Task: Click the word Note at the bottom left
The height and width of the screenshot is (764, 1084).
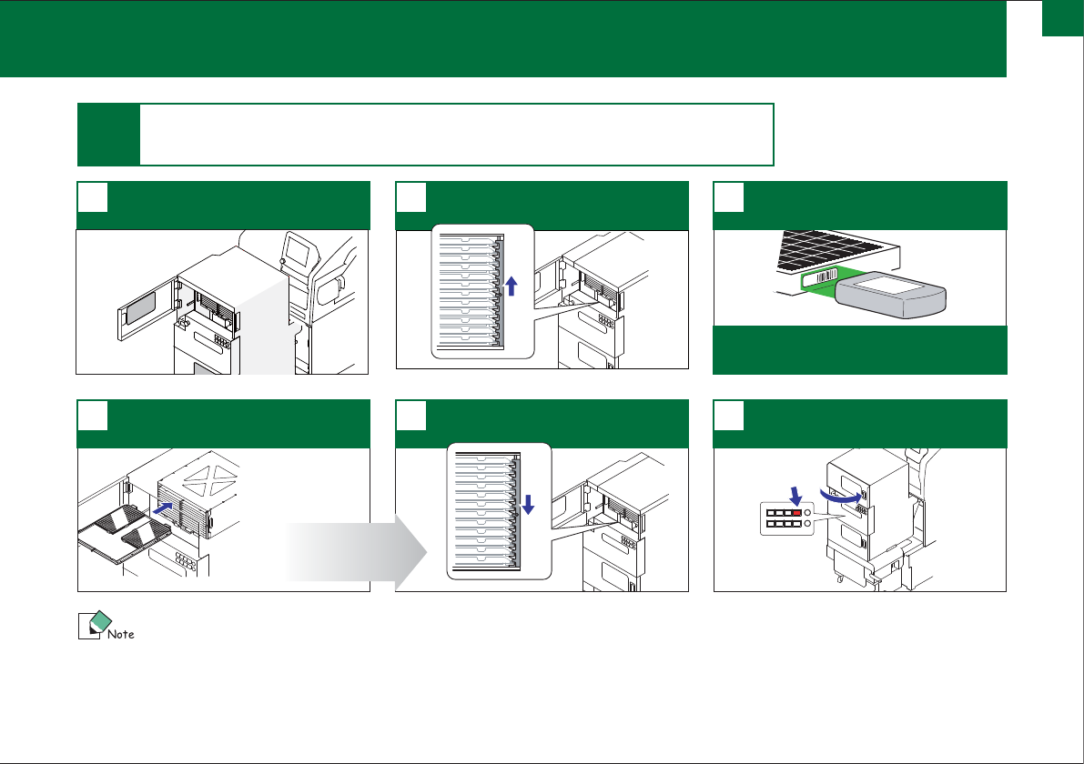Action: pos(121,634)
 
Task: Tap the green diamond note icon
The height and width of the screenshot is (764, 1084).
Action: pos(101,620)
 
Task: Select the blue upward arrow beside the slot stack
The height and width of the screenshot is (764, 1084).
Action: pos(512,286)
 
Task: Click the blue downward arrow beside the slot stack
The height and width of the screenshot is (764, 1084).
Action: pos(528,504)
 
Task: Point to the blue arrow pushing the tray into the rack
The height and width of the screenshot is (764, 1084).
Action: pos(162,508)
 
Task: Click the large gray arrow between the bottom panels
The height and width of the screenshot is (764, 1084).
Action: pos(357,552)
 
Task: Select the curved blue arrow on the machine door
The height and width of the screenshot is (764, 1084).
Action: pos(841,496)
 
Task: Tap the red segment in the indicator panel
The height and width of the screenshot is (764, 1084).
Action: pos(797,513)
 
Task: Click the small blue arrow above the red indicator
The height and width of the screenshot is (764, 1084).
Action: pos(795,496)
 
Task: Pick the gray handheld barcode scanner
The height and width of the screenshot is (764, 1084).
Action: pos(890,295)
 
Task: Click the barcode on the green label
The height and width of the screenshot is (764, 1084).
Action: pos(826,276)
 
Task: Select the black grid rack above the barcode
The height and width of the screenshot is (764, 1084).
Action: pos(829,250)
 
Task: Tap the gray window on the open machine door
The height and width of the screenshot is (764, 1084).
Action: pos(141,308)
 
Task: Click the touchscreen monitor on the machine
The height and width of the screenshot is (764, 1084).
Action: pos(299,250)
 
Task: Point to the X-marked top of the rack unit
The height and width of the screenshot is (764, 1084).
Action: pos(214,478)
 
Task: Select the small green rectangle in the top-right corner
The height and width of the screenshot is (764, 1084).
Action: pos(1062,18)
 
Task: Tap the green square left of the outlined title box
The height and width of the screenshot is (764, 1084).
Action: pos(108,135)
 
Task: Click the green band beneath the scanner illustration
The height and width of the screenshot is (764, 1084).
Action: pos(860,350)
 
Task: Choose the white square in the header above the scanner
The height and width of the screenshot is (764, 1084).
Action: pos(729,197)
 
